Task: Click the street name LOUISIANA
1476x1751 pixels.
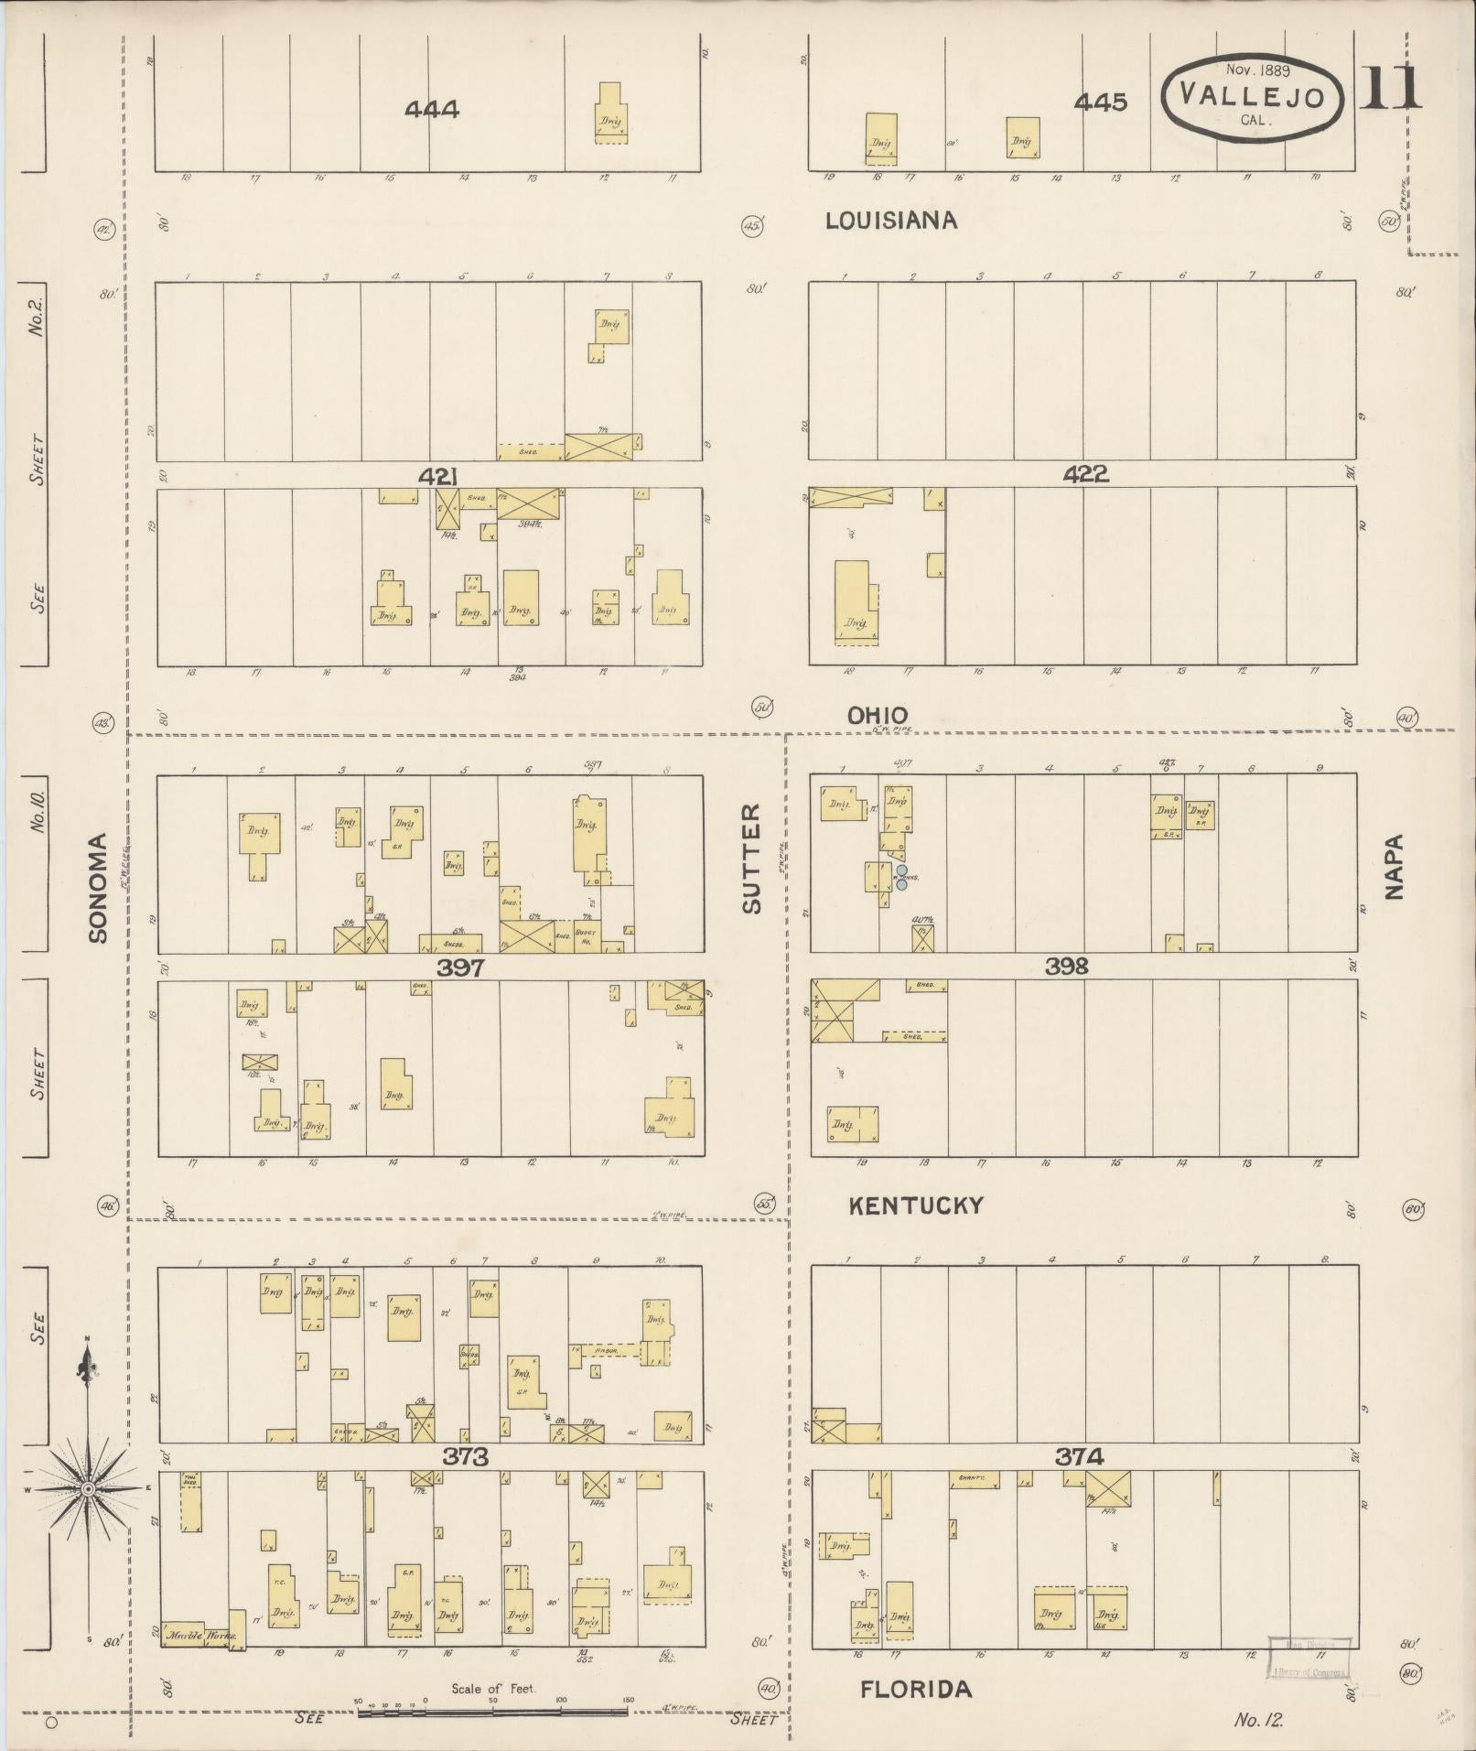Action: (x=891, y=221)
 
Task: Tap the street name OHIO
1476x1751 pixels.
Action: (x=878, y=716)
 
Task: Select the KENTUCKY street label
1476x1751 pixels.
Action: (x=916, y=1206)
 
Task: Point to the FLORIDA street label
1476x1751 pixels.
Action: (x=916, y=1690)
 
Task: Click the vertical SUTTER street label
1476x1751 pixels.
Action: (x=751, y=858)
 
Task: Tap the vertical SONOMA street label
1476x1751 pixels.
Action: (x=99, y=887)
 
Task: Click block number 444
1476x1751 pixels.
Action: (x=432, y=110)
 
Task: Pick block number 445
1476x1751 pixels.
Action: (x=1101, y=103)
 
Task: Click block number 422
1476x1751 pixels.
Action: (x=1086, y=474)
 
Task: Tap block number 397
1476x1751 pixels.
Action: (x=459, y=967)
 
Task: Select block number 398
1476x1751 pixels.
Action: (x=1066, y=966)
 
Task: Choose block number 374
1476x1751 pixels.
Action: (x=1079, y=1456)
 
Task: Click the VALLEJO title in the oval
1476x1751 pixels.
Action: (x=1252, y=95)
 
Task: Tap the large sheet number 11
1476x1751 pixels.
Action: (x=1391, y=88)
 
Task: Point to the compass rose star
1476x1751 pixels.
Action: (x=88, y=1490)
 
